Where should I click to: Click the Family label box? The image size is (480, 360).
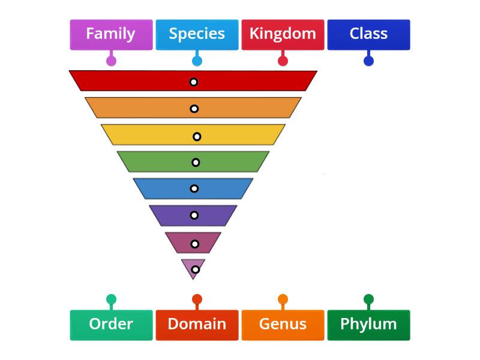(x=110, y=34)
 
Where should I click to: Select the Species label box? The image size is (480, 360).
(x=197, y=34)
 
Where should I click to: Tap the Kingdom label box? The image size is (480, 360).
(x=283, y=34)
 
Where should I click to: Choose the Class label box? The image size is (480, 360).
(x=368, y=34)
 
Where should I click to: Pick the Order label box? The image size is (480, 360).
(x=110, y=325)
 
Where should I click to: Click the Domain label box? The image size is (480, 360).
(x=197, y=325)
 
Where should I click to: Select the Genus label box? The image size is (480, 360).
(x=283, y=325)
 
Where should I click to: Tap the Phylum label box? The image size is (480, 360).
(x=368, y=325)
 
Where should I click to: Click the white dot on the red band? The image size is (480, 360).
(x=194, y=82)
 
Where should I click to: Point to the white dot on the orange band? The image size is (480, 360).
(x=194, y=109)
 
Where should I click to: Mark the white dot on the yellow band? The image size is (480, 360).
(x=197, y=136)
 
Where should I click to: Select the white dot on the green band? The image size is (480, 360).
(x=196, y=162)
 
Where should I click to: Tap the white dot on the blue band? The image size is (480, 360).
(x=194, y=188)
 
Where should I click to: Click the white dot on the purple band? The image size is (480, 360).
(x=194, y=215)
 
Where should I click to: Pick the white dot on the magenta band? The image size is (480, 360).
(x=194, y=244)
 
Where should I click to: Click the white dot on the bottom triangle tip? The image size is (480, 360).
(x=195, y=269)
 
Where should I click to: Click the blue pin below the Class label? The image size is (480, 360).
(x=368, y=61)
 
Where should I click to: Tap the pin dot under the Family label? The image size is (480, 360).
(x=110, y=61)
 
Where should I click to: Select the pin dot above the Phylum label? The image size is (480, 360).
(x=368, y=299)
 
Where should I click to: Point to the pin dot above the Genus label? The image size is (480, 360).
(x=283, y=299)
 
